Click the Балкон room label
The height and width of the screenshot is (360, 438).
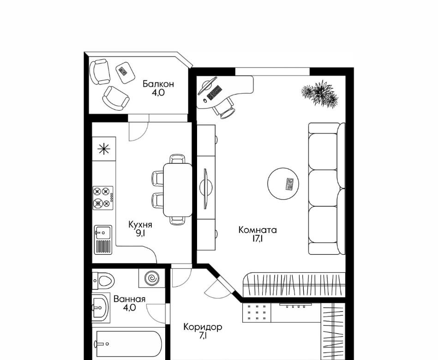point(158,84)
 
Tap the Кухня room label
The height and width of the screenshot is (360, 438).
point(140,224)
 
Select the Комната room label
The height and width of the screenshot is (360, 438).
point(258,230)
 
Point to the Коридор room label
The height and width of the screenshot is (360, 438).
point(203,327)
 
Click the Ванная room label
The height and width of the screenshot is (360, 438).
point(129,299)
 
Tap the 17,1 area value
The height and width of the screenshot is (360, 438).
point(258,239)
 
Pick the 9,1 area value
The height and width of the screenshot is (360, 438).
point(140,233)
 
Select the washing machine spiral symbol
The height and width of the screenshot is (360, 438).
point(152,278)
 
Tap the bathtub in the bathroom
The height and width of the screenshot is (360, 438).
point(128,344)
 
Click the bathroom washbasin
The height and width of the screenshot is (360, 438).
point(100,307)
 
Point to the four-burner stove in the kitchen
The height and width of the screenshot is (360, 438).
point(103,198)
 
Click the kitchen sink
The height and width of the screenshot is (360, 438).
point(103,240)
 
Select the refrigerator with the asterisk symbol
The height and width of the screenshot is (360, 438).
point(104,149)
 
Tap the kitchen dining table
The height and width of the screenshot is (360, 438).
point(178,190)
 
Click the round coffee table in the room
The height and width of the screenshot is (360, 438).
point(283,184)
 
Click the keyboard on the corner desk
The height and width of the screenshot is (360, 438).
point(215,92)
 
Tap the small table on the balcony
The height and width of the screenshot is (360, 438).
point(126,72)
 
